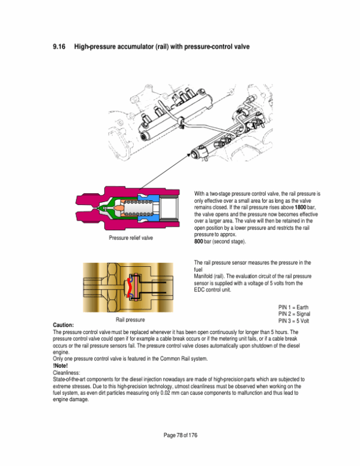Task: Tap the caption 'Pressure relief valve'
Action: pyautogui.click(x=131, y=238)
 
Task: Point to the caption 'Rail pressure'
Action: pyautogui.click(x=130, y=320)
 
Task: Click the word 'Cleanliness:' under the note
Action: pyautogui.click(x=66, y=372)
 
